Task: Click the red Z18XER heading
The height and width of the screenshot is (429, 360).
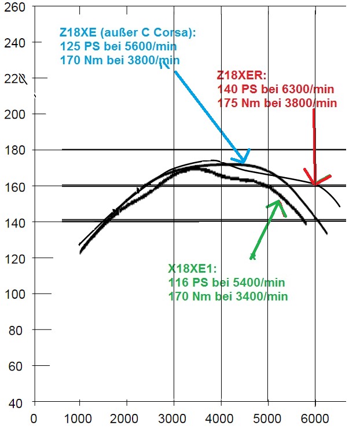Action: [241, 75]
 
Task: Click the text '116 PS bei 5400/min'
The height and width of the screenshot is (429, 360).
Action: [227, 283]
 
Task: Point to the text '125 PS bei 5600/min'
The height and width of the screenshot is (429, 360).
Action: [118, 47]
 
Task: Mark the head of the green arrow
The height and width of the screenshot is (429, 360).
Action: [278, 201]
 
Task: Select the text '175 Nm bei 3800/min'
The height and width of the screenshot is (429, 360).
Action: [277, 103]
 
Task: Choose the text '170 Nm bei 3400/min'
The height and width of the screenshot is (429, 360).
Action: [228, 296]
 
